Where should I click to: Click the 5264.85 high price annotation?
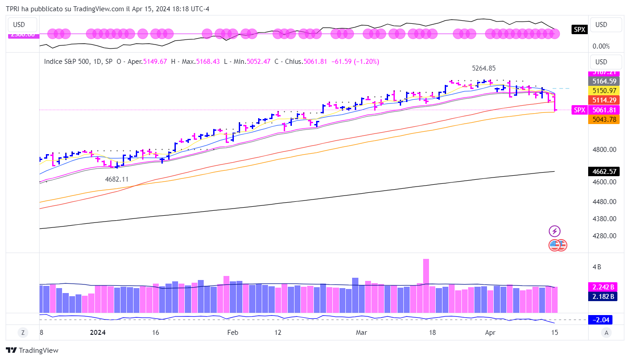click(483, 68)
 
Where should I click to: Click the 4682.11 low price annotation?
click(116, 179)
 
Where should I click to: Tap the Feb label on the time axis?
click(232, 333)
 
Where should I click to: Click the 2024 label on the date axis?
click(98, 333)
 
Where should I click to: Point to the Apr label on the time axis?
click(491, 333)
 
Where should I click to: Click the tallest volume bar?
click(426, 285)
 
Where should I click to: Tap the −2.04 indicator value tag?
click(602, 320)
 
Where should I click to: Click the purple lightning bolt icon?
click(554, 231)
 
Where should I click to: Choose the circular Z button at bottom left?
click(22, 333)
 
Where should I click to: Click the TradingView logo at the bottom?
click(32, 350)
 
